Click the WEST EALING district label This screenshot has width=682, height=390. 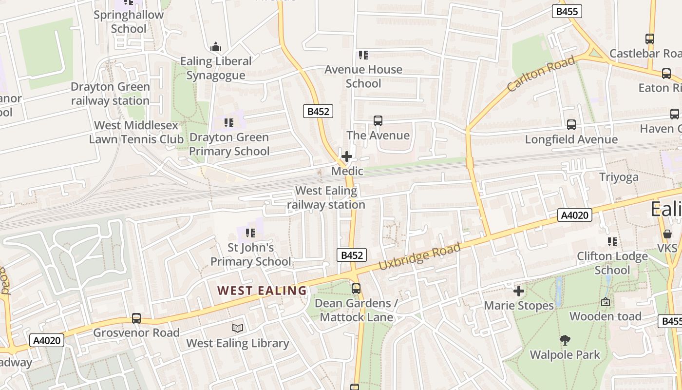pos(262,291)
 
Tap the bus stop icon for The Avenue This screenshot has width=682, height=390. pos(378,121)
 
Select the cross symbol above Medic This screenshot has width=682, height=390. pos(347,156)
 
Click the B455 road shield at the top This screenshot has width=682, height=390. pos(567,11)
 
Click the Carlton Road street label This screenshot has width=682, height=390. pos(541,74)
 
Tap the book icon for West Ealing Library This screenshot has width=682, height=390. pos(238,328)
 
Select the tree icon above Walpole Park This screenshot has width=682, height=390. pos(565,340)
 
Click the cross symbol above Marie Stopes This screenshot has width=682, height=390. pos(519,291)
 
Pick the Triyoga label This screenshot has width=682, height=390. pos(619,177)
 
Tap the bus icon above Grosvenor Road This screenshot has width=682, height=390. pos(136,318)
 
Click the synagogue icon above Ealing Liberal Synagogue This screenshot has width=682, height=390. pos(216,47)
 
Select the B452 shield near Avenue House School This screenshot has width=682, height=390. pos(319,111)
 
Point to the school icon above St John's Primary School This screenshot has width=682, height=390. pos(250,233)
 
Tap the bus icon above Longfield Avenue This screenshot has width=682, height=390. pos(571,125)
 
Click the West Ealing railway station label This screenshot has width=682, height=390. pos(326,197)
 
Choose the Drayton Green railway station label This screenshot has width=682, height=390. pos(110,94)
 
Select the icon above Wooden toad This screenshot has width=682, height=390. pos(606,302)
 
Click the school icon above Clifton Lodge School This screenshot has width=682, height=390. pos(612,241)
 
